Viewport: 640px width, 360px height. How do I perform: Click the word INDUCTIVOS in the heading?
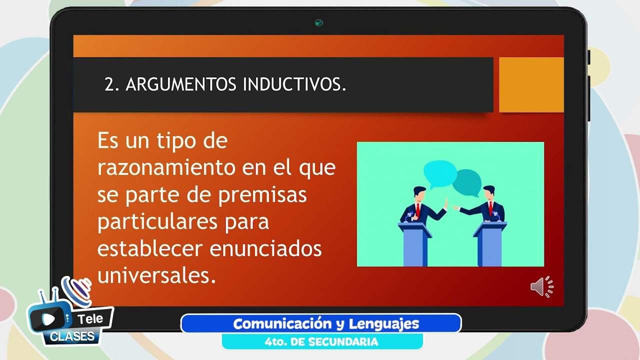point(294,85)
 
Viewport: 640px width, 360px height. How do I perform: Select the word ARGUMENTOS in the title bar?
point(181,85)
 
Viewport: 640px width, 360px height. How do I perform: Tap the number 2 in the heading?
point(109,85)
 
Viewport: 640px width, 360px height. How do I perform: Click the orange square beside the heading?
point(531,84)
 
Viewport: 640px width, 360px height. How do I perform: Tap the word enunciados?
point(265,248)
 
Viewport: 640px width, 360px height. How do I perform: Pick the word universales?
point(156,275)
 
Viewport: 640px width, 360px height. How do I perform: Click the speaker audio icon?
point(541,287)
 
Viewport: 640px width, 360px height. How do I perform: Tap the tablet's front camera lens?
point(318,23)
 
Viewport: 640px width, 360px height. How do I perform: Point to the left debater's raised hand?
point(444,203)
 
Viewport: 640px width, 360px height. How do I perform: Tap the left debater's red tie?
point(418,210)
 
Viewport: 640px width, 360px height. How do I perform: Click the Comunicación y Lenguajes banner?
point(320,323)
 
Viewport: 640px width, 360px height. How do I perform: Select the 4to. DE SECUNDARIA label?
point(321,342)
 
